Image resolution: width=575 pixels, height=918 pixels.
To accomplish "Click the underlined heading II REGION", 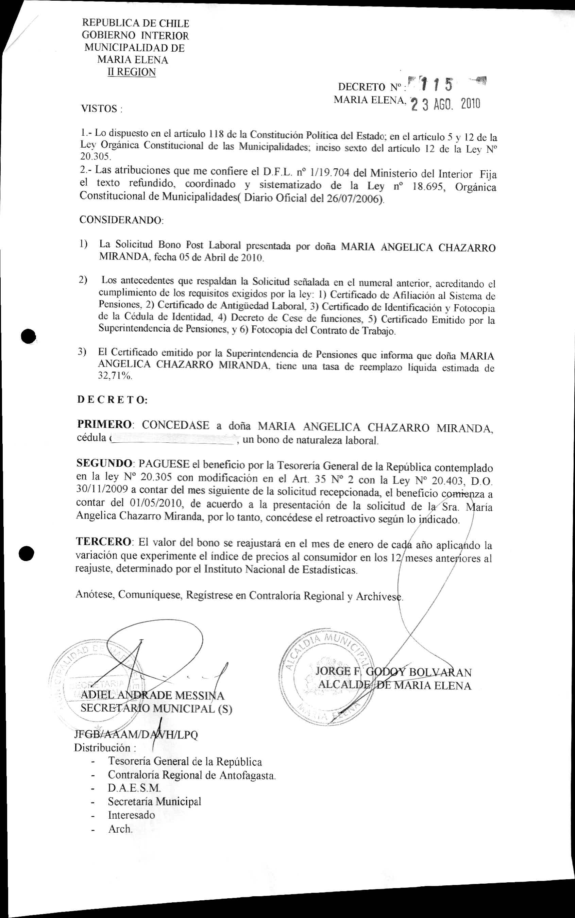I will [132, 72].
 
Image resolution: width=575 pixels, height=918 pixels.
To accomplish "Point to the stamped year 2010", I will [470, 104].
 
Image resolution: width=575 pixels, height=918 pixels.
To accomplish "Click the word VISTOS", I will [99, 109].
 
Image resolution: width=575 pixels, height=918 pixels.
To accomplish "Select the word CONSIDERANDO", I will [121, 220].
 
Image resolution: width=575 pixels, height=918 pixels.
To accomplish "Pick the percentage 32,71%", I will [115, 376].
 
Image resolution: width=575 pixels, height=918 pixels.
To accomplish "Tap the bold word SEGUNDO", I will [104, 463].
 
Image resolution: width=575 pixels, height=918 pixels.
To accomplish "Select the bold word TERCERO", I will [104, 542].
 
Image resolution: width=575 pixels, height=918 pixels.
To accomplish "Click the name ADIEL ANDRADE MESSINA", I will [152, 696].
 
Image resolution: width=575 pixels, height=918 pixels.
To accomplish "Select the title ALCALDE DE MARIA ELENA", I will [395, 686].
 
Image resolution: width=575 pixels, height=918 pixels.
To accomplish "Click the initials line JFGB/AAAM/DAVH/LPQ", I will [136, 734].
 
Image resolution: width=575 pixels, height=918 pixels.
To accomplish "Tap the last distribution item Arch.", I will [120, 829].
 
